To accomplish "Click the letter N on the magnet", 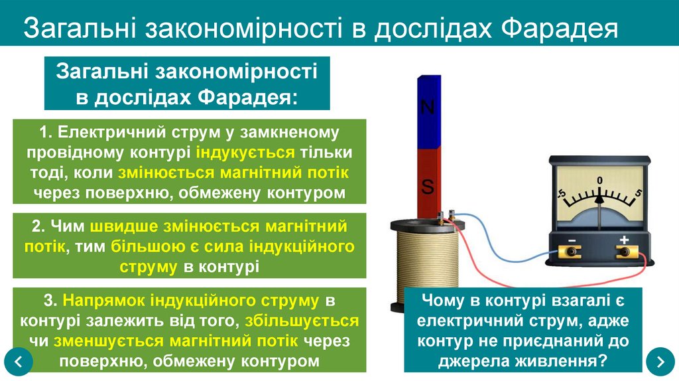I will (x=428, y=107).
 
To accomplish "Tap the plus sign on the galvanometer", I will (x=624, y=239).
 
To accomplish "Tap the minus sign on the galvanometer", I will (x=570, y=239).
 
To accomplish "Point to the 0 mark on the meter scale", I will (x=599, y=181).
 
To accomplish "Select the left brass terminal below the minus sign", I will (x=570, y=252).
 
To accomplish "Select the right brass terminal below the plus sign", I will (x=624, y=252).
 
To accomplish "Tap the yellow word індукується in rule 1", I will (x=245, y=152).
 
